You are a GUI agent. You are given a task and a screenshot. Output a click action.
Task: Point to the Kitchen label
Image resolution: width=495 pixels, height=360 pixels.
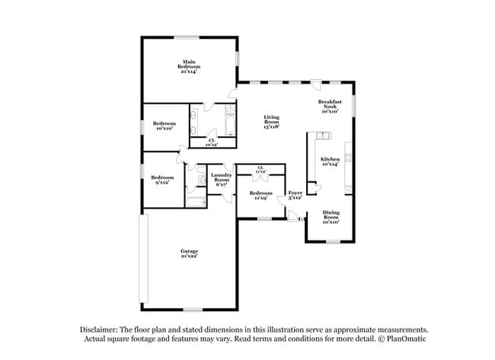coord(330,159)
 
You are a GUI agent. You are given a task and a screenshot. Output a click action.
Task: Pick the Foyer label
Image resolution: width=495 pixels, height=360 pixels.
coord(295,193)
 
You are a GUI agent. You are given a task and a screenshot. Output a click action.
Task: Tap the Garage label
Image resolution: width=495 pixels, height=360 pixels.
coord(189,251)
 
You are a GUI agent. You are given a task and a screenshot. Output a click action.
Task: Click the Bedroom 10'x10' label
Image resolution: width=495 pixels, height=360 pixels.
coord(164,123)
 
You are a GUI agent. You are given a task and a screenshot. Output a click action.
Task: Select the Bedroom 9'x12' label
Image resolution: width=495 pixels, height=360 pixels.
coord(162,177)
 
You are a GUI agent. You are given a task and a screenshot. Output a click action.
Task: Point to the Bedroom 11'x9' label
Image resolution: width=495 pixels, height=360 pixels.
coord(260,193)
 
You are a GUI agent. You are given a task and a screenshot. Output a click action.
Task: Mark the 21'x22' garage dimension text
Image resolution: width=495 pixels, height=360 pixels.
coord(189,256)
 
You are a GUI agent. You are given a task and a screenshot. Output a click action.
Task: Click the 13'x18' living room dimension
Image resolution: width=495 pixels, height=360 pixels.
coord(272,127)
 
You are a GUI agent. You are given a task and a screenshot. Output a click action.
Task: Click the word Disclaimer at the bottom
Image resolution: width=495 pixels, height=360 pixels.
coord(102,329)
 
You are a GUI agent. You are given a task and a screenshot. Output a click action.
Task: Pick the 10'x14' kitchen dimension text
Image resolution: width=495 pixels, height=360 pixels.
coord(330,164)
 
